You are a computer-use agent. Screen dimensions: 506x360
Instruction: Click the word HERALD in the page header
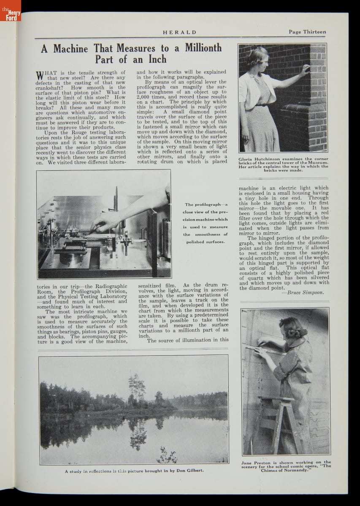180,32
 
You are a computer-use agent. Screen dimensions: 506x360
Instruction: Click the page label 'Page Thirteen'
307,32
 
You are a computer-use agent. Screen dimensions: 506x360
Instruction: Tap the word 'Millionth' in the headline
201,48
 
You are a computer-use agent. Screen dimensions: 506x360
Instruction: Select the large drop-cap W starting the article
40,76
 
